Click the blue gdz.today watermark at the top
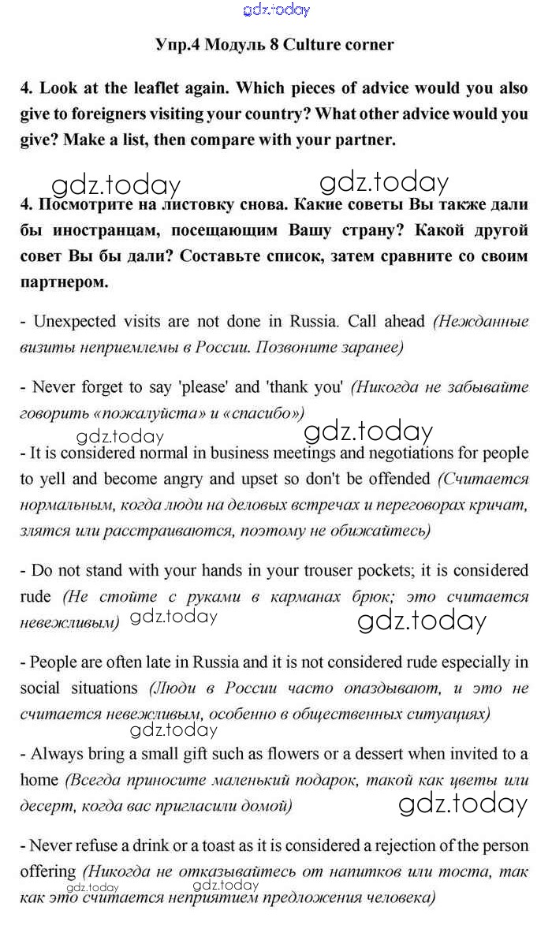point(277,9)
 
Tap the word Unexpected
point(75,322)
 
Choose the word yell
point(53,479)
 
